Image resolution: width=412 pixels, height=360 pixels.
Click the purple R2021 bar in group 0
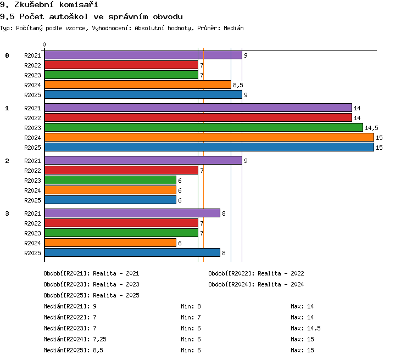[143, 55]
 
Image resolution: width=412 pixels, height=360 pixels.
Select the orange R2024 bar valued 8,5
[138, 85]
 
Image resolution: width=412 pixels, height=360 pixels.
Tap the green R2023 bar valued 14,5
[204, 128]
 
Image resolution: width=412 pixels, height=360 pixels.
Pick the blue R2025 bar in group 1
[209, 147]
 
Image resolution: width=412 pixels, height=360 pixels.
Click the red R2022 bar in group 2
[121, 171]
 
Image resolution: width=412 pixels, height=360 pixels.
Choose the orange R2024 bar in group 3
[110, 243]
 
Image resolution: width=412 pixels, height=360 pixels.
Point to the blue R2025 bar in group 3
[132, 252]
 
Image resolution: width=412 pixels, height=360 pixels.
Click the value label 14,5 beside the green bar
[371, 128]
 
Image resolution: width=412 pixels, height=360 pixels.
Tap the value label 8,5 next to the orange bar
[238, 85]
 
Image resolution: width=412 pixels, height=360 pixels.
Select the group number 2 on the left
[7, 161]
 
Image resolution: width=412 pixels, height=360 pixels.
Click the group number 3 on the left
[7, 213]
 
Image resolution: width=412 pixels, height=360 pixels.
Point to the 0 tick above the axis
[44, 44]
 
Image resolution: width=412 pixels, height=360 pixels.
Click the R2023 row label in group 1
[32, 128]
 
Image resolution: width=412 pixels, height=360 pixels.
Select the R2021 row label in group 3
[32, 213]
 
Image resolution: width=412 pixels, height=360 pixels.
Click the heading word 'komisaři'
[79, 4]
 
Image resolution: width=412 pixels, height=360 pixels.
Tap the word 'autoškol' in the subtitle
[69, 17]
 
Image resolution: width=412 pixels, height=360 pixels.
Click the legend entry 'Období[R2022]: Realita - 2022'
[256, 274]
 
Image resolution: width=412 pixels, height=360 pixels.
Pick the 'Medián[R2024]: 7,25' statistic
[75, 339]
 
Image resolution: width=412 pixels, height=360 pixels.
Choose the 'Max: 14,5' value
[305, 329]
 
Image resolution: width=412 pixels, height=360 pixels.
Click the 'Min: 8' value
[191, 306]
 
